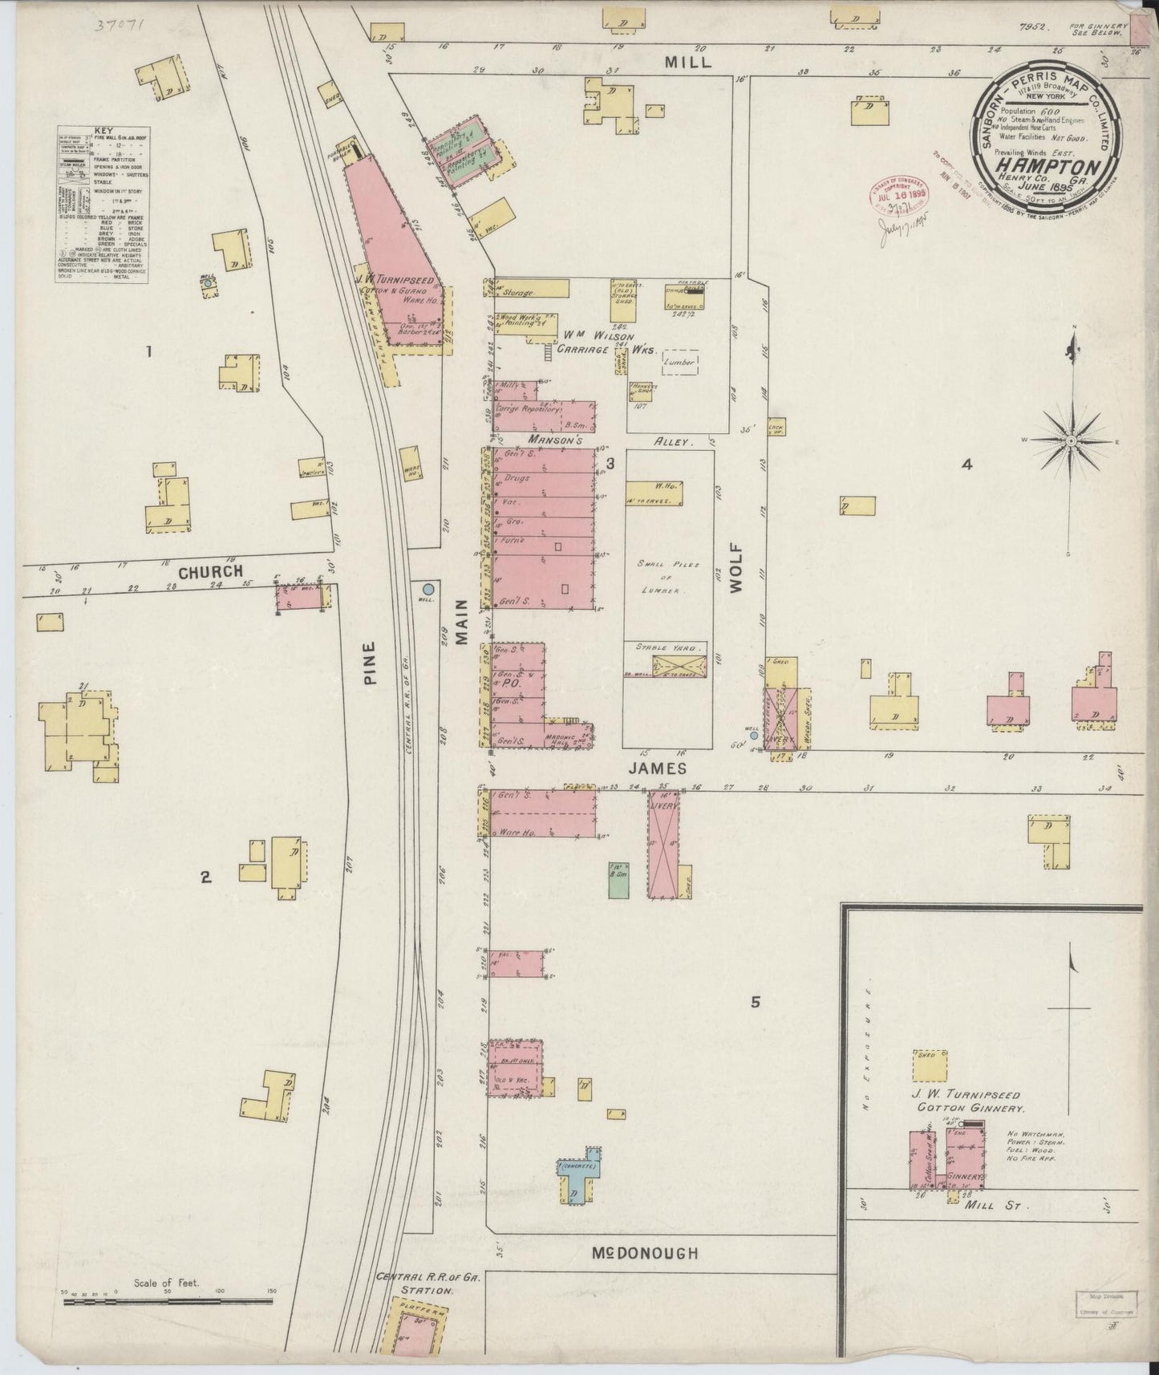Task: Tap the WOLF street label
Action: pos(736,568)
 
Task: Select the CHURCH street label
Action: pos(210,571)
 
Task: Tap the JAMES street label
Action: pos(657,768)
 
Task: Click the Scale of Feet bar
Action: pos(168,1303)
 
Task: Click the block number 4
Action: pos(967,464)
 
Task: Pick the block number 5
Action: pos(755,1001)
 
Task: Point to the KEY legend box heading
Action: pos(103,130)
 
